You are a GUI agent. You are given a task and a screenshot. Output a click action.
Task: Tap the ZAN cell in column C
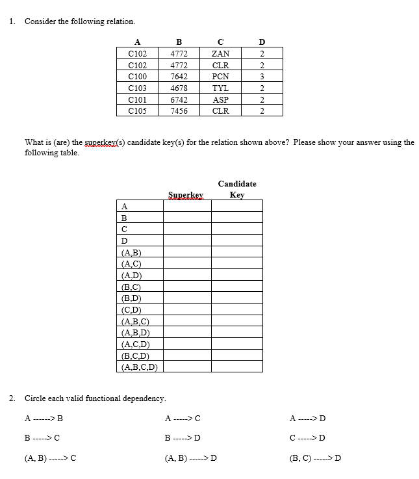(x=220, y=53)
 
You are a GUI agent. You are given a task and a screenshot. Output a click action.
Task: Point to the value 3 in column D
(x=261, y=76)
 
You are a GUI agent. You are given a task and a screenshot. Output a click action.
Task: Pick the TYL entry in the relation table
(x=220, y=88)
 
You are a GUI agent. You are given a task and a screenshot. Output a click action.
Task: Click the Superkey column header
(x=186, y=194)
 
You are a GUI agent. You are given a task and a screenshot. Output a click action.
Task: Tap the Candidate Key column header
(x=237, y=189)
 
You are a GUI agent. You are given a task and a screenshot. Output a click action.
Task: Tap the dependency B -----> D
(x=183, y=437)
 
